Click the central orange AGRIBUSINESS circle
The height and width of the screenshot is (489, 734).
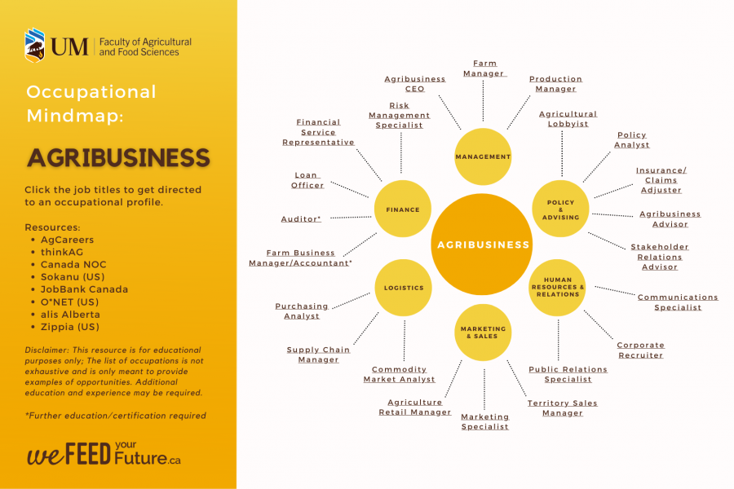[483, 244]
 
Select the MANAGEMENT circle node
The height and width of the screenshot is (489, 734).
[483, 156]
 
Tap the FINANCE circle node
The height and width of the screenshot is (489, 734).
[403, 209]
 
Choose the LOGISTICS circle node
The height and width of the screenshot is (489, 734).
[404, 288]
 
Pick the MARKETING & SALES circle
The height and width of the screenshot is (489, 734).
[483, 333]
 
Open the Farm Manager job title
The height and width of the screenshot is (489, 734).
[484, 68]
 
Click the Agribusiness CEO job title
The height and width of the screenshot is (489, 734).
[415, 84]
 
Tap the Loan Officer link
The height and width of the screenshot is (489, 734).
[307, 180]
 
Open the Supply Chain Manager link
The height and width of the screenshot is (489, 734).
[318, 355]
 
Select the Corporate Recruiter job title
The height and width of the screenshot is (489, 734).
[640, 350]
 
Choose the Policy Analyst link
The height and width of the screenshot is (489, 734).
[632, 139]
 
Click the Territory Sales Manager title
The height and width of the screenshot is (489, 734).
[562, 407]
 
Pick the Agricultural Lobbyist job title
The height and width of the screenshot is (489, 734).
[568, 119]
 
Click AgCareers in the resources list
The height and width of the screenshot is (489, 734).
[67, 240]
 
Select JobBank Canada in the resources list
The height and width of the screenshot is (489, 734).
[84, 289]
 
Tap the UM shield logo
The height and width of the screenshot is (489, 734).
[34, 46]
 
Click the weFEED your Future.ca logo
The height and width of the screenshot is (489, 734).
[104, 454]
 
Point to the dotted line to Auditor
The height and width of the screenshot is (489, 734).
[350, 217]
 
